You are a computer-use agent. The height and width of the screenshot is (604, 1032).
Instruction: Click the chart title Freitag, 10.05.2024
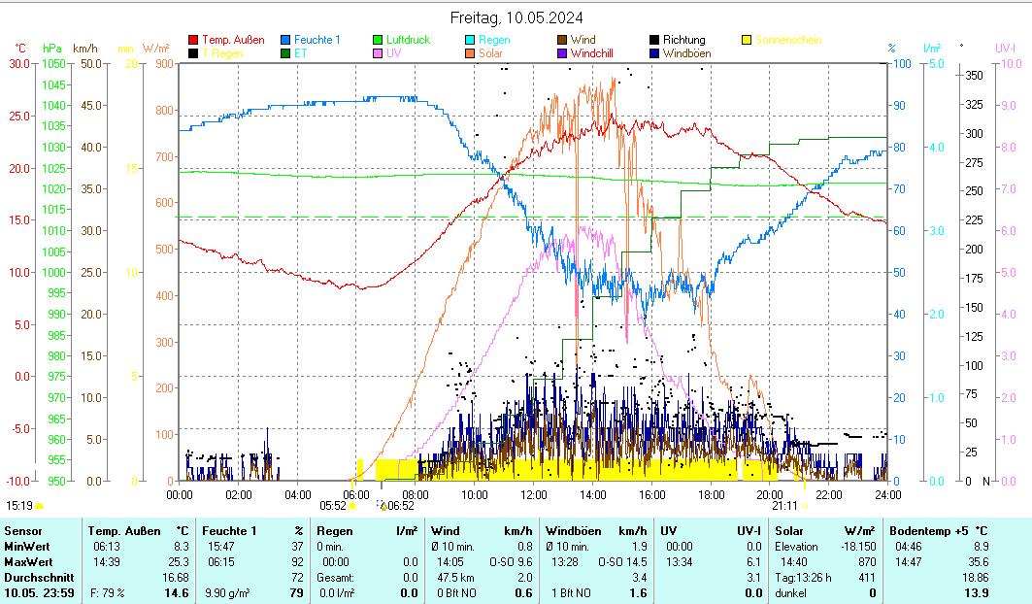(x=516, y=17)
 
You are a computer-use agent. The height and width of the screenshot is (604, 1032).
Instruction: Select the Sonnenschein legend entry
(x=788, y=40)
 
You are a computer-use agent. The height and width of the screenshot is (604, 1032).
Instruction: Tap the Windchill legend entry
(x=598, y=53)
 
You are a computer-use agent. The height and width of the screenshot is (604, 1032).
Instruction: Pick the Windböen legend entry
(x=686, y=53)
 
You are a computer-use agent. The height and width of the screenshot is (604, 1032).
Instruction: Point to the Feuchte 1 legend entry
(x=310, y=40)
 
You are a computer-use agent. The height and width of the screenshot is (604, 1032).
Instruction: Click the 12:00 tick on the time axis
(x=534, y=494)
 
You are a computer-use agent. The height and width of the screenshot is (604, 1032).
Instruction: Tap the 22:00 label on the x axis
(x=828, y=494)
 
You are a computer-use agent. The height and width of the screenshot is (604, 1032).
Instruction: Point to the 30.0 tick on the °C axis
(x=19, y=63)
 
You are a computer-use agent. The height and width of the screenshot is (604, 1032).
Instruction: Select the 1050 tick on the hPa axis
(x=52, y=63)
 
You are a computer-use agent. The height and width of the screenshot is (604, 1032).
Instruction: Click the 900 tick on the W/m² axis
(x=162, y=63)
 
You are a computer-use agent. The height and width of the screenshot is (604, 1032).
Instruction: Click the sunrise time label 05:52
(x=333, y=505)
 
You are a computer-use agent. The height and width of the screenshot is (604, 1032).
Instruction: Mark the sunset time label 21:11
(x=784, y=505)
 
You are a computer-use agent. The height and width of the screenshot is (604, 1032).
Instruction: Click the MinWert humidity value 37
(x=297, y=547)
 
